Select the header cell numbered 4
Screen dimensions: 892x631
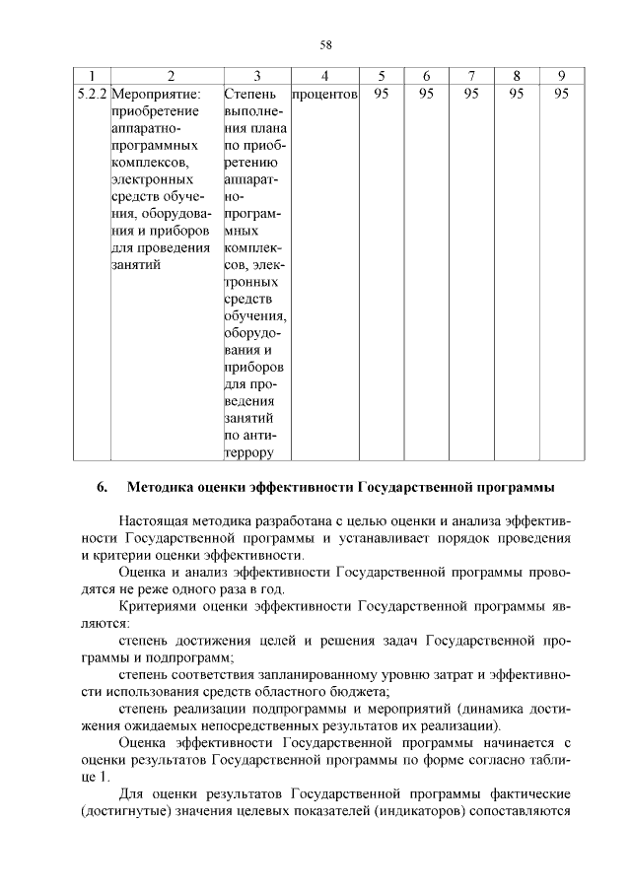(x=324, y=76)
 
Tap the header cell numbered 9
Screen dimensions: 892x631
(x=561, y=76)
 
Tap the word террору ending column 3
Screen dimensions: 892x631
(x=250, y=453)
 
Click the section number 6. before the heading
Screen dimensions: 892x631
(x=102, y=487)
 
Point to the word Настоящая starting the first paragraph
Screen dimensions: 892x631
(x=156, y=519)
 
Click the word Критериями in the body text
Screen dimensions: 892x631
(x=158, y=606)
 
